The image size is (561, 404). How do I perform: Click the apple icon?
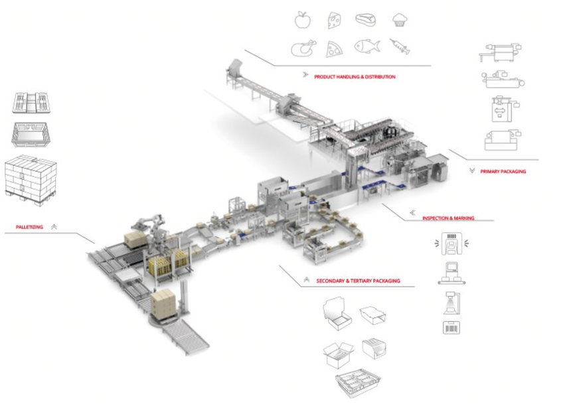[303, 20]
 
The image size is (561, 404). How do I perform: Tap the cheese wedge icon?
[334, 20]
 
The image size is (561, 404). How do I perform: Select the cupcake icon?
[400, 20]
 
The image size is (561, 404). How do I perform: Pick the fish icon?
[367, 46]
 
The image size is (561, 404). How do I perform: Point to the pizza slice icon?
[334, 49]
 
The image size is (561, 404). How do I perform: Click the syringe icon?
[400, 46]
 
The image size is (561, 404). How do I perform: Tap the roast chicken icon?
[304, 48]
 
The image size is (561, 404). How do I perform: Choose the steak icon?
[366, 20]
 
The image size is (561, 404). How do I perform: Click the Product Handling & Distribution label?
[355, 77]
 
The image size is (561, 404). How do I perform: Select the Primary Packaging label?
[503, 172]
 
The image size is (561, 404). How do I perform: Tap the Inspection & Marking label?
[448, 218]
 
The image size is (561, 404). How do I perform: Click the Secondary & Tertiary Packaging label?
[358, 281]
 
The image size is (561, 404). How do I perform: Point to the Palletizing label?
[29, 227]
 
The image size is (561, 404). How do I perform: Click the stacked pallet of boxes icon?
[31, 180]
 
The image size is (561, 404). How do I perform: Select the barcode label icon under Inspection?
[451, 328]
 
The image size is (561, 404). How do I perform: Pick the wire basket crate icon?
[358, 383]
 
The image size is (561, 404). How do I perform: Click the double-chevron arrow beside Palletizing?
[54, 227]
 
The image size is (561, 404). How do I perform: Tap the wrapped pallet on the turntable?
[163, 304]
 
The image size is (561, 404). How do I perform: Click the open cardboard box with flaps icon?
[338, 355]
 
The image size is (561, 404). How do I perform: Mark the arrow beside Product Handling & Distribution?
[305, 75]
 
